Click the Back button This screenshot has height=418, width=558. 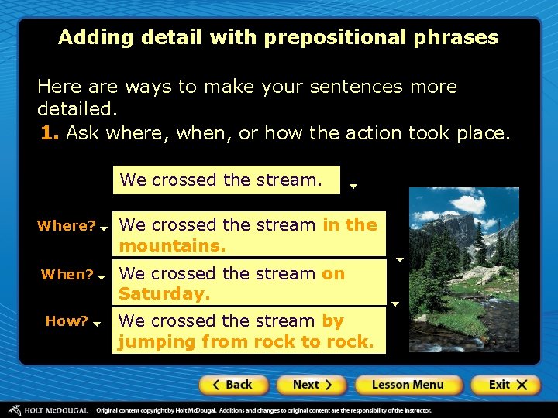pos(233,385)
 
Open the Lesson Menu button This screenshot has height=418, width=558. pos(408,385)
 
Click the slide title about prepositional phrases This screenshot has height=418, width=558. pos(278,37)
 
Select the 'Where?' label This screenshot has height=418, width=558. pos(66,226)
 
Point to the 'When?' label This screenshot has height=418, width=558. pos(67,275)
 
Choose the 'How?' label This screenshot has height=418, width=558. pos(67,321)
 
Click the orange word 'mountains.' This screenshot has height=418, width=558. pos(172,246)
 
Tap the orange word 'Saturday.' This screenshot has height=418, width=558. pos(164,294)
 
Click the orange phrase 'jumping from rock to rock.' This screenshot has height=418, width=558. pos(246,341)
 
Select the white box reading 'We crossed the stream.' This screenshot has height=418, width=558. pos(226,180)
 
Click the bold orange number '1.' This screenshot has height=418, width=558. pos(50,133)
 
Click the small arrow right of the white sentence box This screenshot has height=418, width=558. pos(353,186)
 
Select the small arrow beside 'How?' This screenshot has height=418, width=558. pos(98,325)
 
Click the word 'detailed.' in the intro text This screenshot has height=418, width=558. pos(76,109)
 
